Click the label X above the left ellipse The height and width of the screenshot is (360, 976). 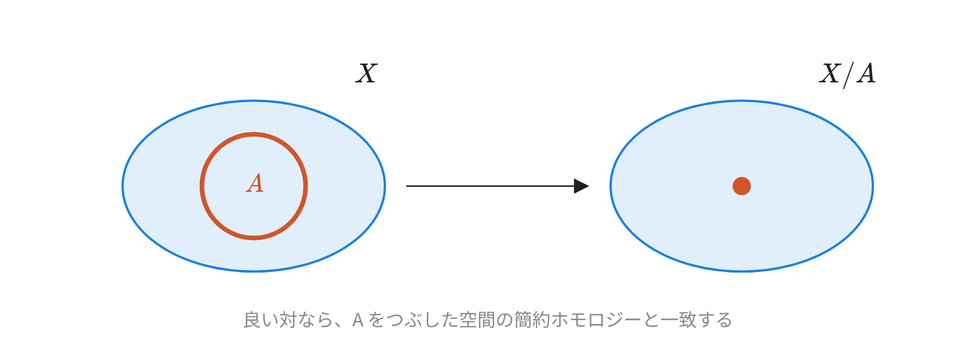[x=367, y=73]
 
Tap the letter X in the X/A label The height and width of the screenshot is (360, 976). [x=830, y=73]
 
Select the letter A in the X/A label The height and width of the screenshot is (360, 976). [x=866, y=73]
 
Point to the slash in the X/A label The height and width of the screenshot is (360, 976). [x=848, y=75]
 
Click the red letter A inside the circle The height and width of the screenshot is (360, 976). [x=255, y=183]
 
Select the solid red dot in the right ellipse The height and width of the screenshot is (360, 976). [x=742, y=186]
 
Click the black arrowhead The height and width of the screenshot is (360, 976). [x=581, y=186]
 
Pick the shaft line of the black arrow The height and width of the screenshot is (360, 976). [x=490, y=186]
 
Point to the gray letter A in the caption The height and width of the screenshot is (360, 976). [x=358, y=320]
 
